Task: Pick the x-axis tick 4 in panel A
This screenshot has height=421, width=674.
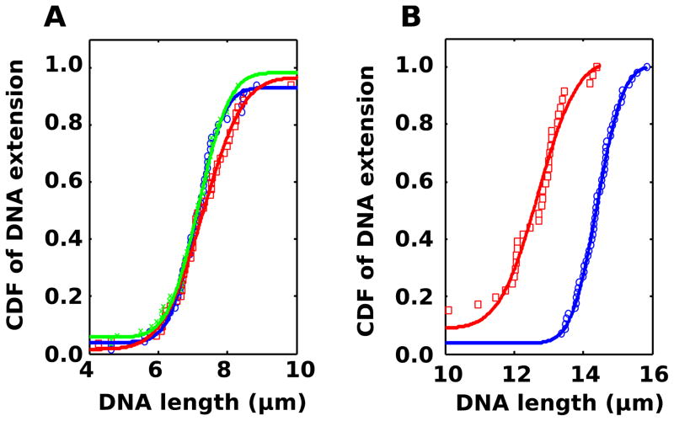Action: pos(88,370)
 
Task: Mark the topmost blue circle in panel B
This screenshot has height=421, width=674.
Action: pos(646,67)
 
